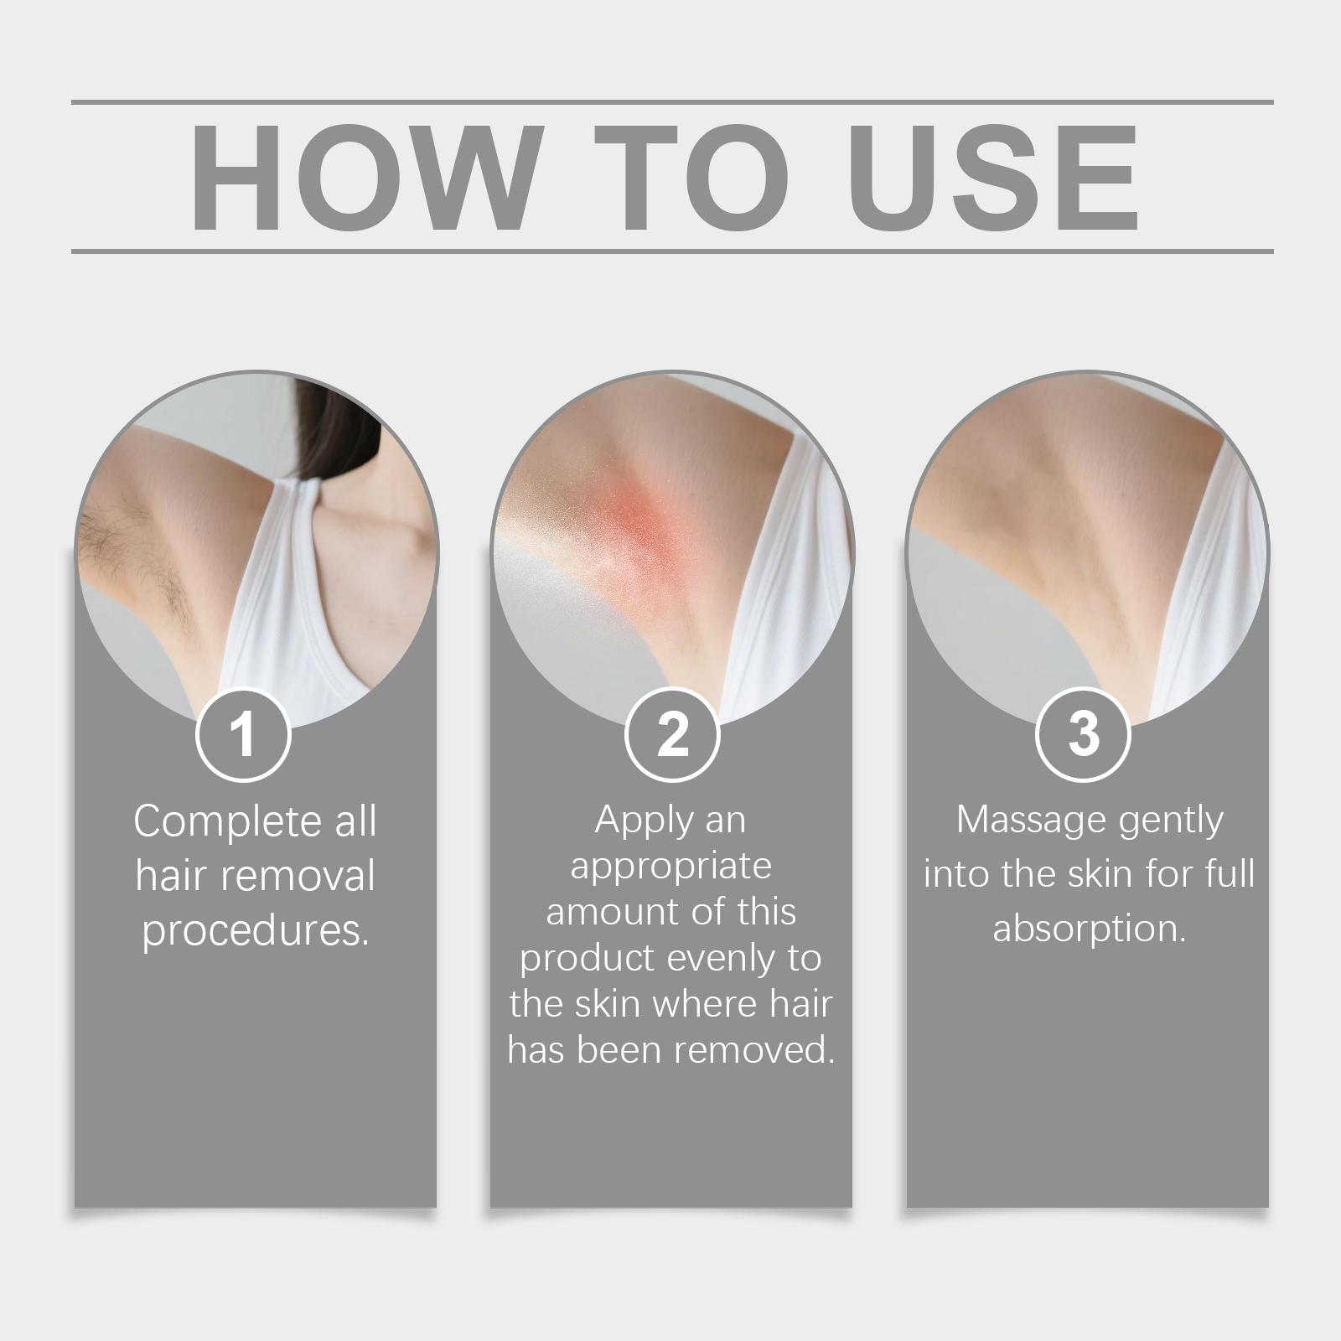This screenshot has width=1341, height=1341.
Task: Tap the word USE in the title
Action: point(997,177)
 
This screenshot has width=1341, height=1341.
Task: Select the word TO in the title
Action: point(694,177)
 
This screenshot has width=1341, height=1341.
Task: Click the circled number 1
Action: point(243,734)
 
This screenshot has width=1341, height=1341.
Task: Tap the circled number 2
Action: point(672,734)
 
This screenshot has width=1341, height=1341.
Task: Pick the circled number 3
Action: point(1084,734)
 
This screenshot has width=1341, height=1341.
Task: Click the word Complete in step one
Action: point(226,822)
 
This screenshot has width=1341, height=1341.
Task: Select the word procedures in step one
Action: point(251,931)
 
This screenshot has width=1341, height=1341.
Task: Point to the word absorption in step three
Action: point(1090,929)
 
